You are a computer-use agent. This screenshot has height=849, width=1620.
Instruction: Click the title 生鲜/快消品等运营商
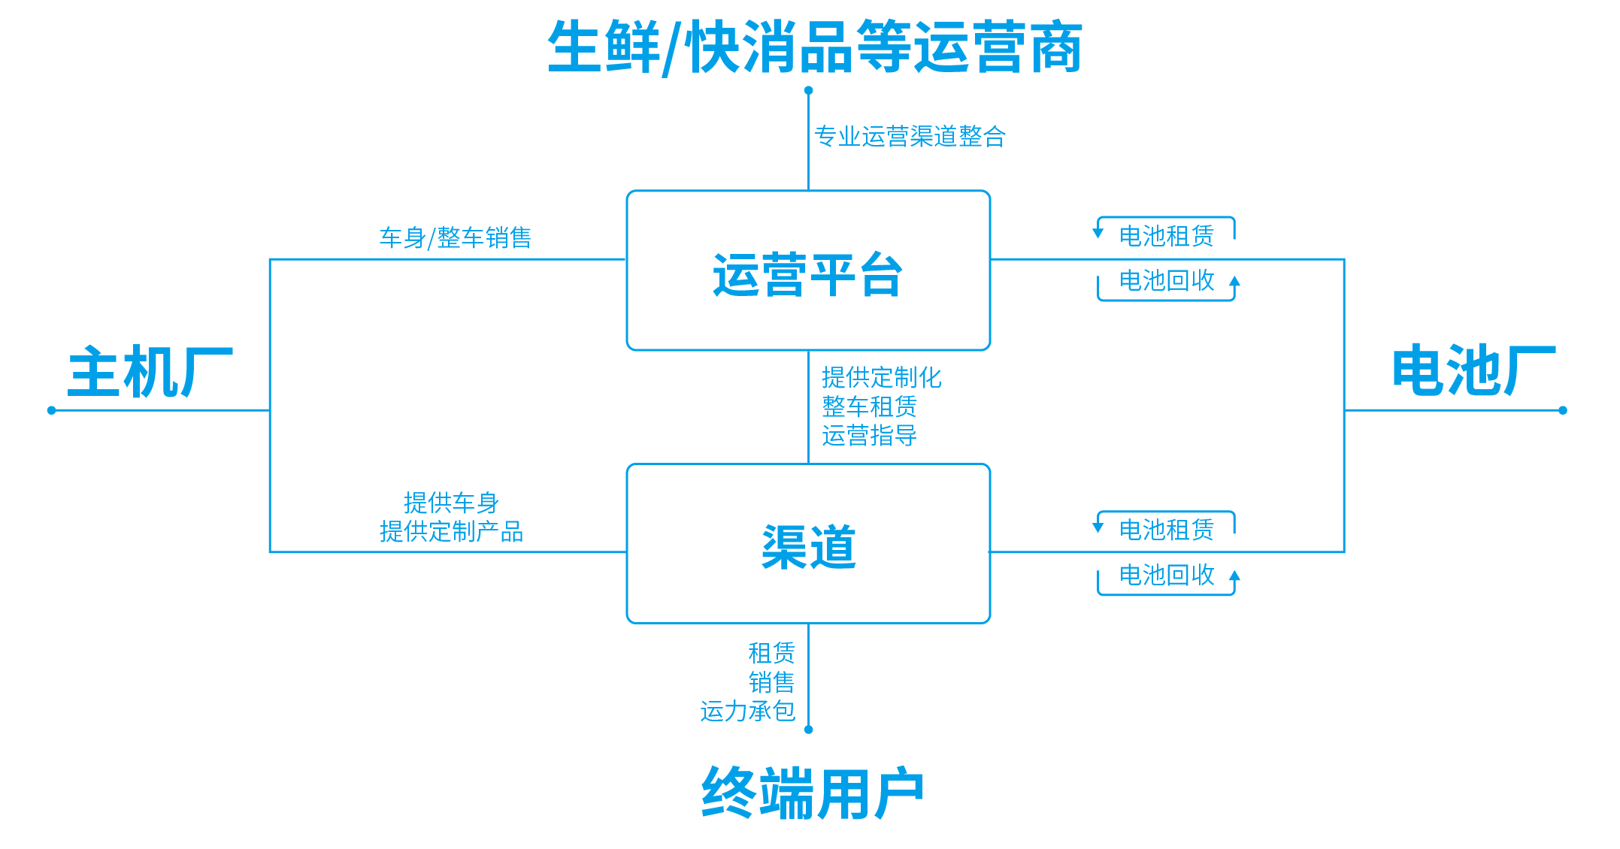pyautogui.click(x=815, y=47)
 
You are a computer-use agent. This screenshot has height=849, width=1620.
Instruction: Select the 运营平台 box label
pyautogui.click(x=807, y=275)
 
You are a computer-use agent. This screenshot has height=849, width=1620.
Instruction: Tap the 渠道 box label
pyautogui.click(x=808, y=546)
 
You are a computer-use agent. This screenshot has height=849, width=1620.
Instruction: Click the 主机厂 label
pyautogui.click(x=150, y=372)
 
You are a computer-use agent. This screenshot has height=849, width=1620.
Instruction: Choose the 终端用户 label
pyautogui.click(x=812, y=793)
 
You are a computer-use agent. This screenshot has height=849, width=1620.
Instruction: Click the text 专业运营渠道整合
pyautogui.click(x=910, y=136)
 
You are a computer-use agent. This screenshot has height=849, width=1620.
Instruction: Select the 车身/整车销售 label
pyautogui.click(x=455, y=238)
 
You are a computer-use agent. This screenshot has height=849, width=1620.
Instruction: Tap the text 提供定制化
pyautogui.click(x=881, y=377)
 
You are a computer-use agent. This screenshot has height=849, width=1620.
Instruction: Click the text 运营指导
pyautogui.click(x=869, y=436)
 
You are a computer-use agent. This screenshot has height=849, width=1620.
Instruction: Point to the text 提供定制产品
pyautogui.click(x=451, y=532)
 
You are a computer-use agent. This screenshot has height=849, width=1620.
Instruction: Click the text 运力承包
pyautogui.click(x=747, y=711)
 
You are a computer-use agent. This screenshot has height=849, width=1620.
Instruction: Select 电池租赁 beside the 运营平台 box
pyautogui.click(x=1167, y=236)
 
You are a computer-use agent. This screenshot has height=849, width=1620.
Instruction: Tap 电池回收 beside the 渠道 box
pyautogui.click(x=1167, y=575)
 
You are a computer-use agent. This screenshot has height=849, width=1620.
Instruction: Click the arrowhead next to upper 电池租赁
pyautogui.click(x=1098, y=233)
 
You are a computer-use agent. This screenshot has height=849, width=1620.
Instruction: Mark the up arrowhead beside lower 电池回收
pyautogui.click(x=1234, y=577)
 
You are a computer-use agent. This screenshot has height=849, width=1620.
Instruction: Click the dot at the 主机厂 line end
pyautogui.click(x=51, y=410)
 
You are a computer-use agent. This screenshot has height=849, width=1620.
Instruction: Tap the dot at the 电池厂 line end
pyautogui.click(x=1563, y=410)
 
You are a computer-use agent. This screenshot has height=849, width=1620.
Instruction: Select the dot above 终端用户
pyautogui.click(x=809, y=730)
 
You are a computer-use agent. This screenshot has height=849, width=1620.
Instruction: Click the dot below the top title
pyautogui.click(x=809, y=90)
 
